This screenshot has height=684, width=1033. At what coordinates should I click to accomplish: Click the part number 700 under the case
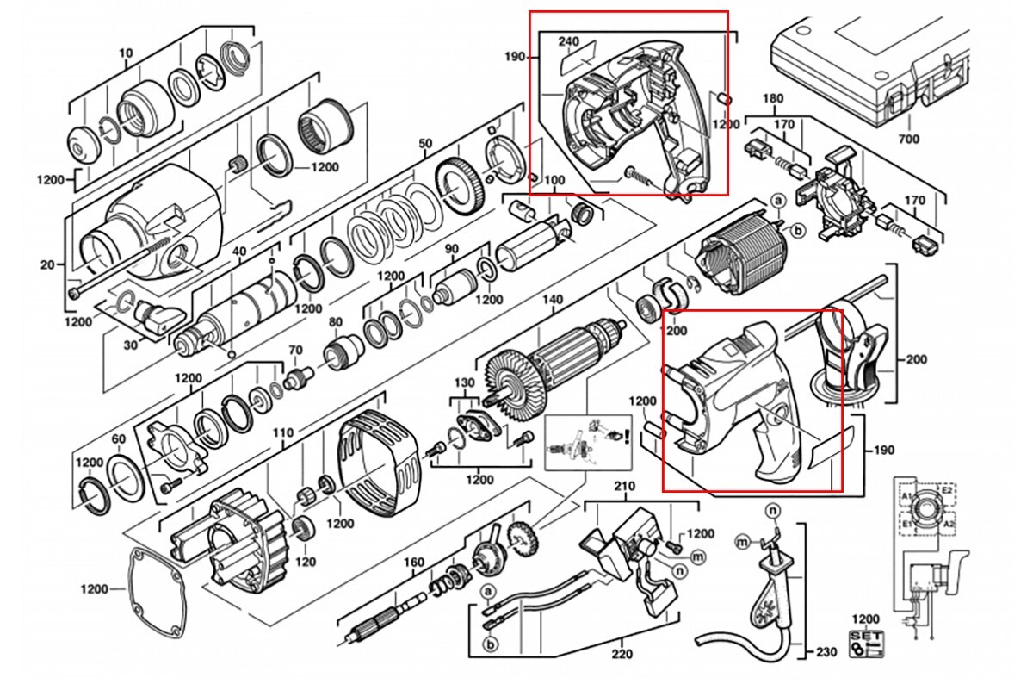coord(908,139)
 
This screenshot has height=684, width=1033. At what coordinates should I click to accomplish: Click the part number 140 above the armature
coord(552,300)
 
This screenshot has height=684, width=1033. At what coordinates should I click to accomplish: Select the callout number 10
coord(127,53)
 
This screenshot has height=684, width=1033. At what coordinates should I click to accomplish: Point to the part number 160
coord(415,563)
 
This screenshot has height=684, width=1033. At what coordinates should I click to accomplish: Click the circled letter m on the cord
coord(741,541)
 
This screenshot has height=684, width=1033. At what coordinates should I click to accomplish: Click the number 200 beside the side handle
coord(917,360)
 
